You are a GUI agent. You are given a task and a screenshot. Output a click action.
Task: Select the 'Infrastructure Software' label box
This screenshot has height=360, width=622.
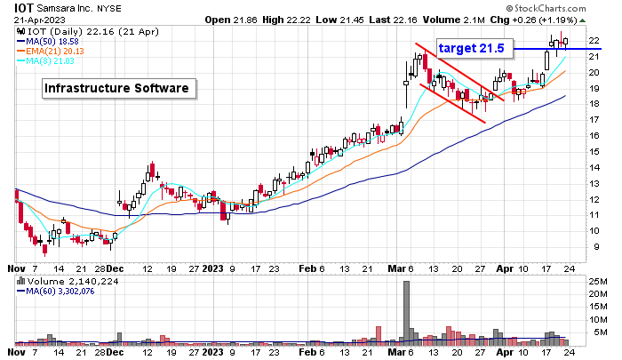pyautogui.click(x=119, y=88)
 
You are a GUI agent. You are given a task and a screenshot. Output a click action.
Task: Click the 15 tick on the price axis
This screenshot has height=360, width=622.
pyautogui.click(x=594, y=151)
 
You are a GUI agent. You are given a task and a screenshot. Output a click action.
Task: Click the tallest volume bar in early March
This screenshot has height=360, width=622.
pyautogui.click(x=407, y=311)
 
